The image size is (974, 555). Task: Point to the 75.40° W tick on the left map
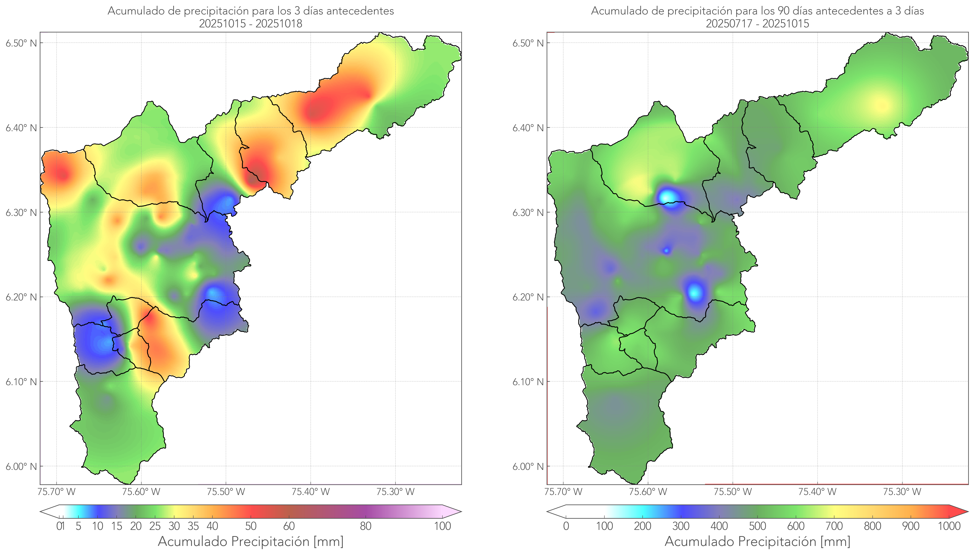coord(311,492)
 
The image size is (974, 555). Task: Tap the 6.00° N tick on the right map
coord(528,467)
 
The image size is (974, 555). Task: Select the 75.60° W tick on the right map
coord(648,492)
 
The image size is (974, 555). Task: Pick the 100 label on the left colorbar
coord(442,526)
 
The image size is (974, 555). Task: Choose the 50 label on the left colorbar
coord(251,526)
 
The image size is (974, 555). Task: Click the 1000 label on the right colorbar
coord(949,526)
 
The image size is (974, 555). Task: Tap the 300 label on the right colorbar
coord(681,526)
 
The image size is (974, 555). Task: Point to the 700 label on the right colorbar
coord(834,526)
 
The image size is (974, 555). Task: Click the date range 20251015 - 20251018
coord(251,24)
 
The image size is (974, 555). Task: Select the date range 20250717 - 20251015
coord(757,24)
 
